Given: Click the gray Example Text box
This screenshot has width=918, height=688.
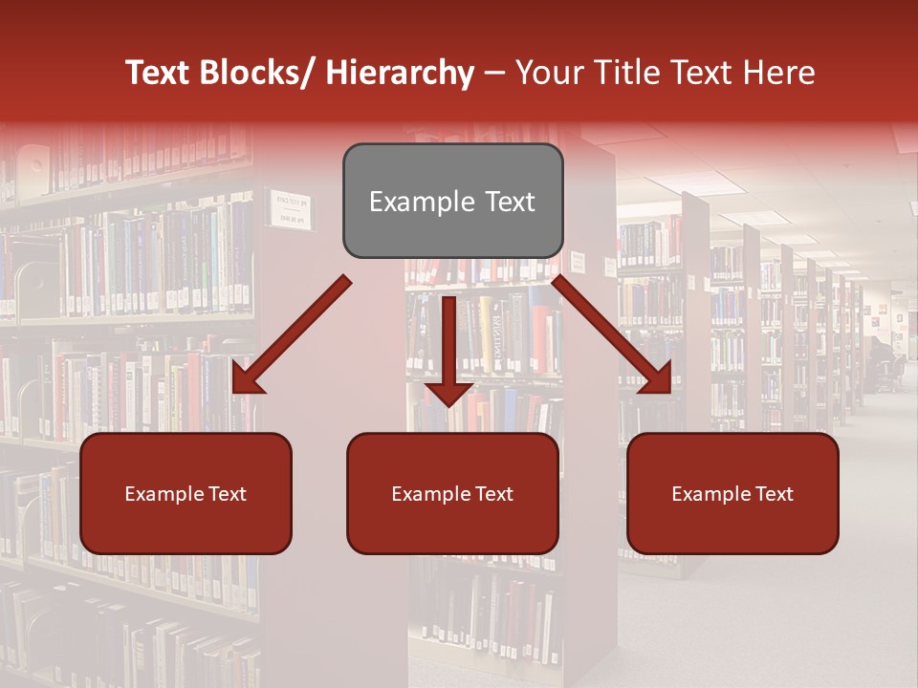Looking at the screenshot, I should tap(452, 201).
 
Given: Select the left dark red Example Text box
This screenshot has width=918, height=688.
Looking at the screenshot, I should tap(186, 493).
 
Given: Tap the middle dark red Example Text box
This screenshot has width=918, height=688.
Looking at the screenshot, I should tap(452, 493).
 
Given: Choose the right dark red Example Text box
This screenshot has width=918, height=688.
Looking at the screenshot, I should tap(732, 493).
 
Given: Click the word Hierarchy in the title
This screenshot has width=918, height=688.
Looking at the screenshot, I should tap(400, 73).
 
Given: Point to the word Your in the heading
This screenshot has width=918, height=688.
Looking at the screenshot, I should tap(547, 73).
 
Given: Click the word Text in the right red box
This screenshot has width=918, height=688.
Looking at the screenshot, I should tap(774, 494).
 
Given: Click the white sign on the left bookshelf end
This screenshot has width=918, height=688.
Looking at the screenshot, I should tap(293, 209).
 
